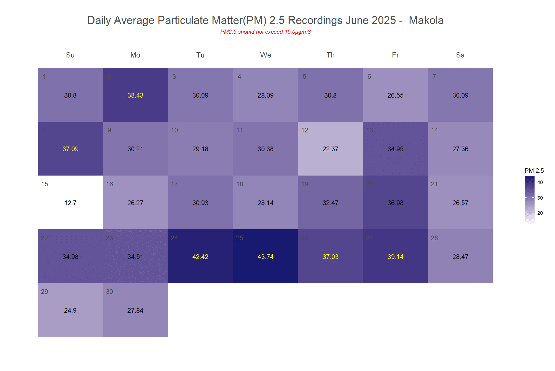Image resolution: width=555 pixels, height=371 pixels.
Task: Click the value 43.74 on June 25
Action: tap(265, 257)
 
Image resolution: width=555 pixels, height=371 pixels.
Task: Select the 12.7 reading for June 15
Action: tap(70, 203)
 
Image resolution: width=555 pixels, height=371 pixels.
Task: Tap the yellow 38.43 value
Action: tap(135, 95)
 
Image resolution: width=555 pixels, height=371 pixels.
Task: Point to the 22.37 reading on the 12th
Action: tap(330, 149)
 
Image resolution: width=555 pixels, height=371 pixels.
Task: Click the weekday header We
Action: tap(265, 55)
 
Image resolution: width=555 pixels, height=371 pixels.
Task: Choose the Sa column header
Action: tap(460, 55)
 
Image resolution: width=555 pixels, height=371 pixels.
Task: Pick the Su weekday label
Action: tap(70, 55)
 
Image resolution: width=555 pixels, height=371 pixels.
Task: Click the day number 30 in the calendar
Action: tap(109, 292)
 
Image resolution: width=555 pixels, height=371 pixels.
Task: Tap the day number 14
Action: tap(434, 130)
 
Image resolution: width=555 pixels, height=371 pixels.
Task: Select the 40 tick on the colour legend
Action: tap(540, 182)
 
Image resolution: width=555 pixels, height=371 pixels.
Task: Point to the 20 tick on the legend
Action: tap(540, 213)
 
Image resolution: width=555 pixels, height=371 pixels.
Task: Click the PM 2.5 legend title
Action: tap(534, 171)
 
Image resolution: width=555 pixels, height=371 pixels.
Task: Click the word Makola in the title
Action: tap(426, 20)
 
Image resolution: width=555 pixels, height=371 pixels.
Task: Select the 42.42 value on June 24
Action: tap(200, 257)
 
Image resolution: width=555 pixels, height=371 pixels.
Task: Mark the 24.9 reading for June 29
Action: tap(70, 310)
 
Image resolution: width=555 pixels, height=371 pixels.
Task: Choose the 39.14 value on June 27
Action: tap(395, 257)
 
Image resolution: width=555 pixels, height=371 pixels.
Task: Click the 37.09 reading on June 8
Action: tap(70, 149)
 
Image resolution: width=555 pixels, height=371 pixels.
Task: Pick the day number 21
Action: tap(434, 184)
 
